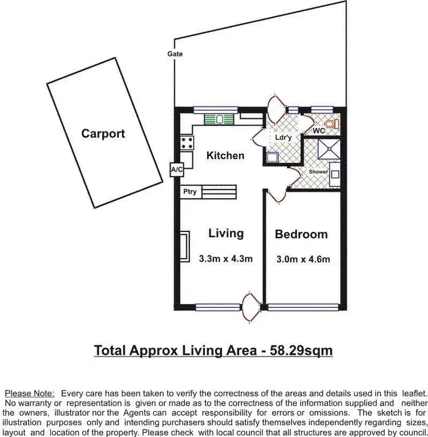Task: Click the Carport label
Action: (x=103, y=134)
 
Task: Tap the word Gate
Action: (x=175, y=54)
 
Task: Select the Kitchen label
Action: (x=225, y=155)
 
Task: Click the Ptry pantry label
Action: (x=190, y=192)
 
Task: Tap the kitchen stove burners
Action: (x=186, y=142)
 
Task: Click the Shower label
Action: (x=318, y=172)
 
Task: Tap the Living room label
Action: (x=226, y=233)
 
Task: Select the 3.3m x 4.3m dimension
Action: (x=226, y=258)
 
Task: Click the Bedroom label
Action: (x=301, y=234)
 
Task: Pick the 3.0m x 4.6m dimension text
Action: (x=302, y=259)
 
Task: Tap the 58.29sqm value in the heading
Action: (x=300, y=350)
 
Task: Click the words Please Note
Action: (x=29, y=393)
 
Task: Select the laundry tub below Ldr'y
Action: (x=272, y=157)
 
